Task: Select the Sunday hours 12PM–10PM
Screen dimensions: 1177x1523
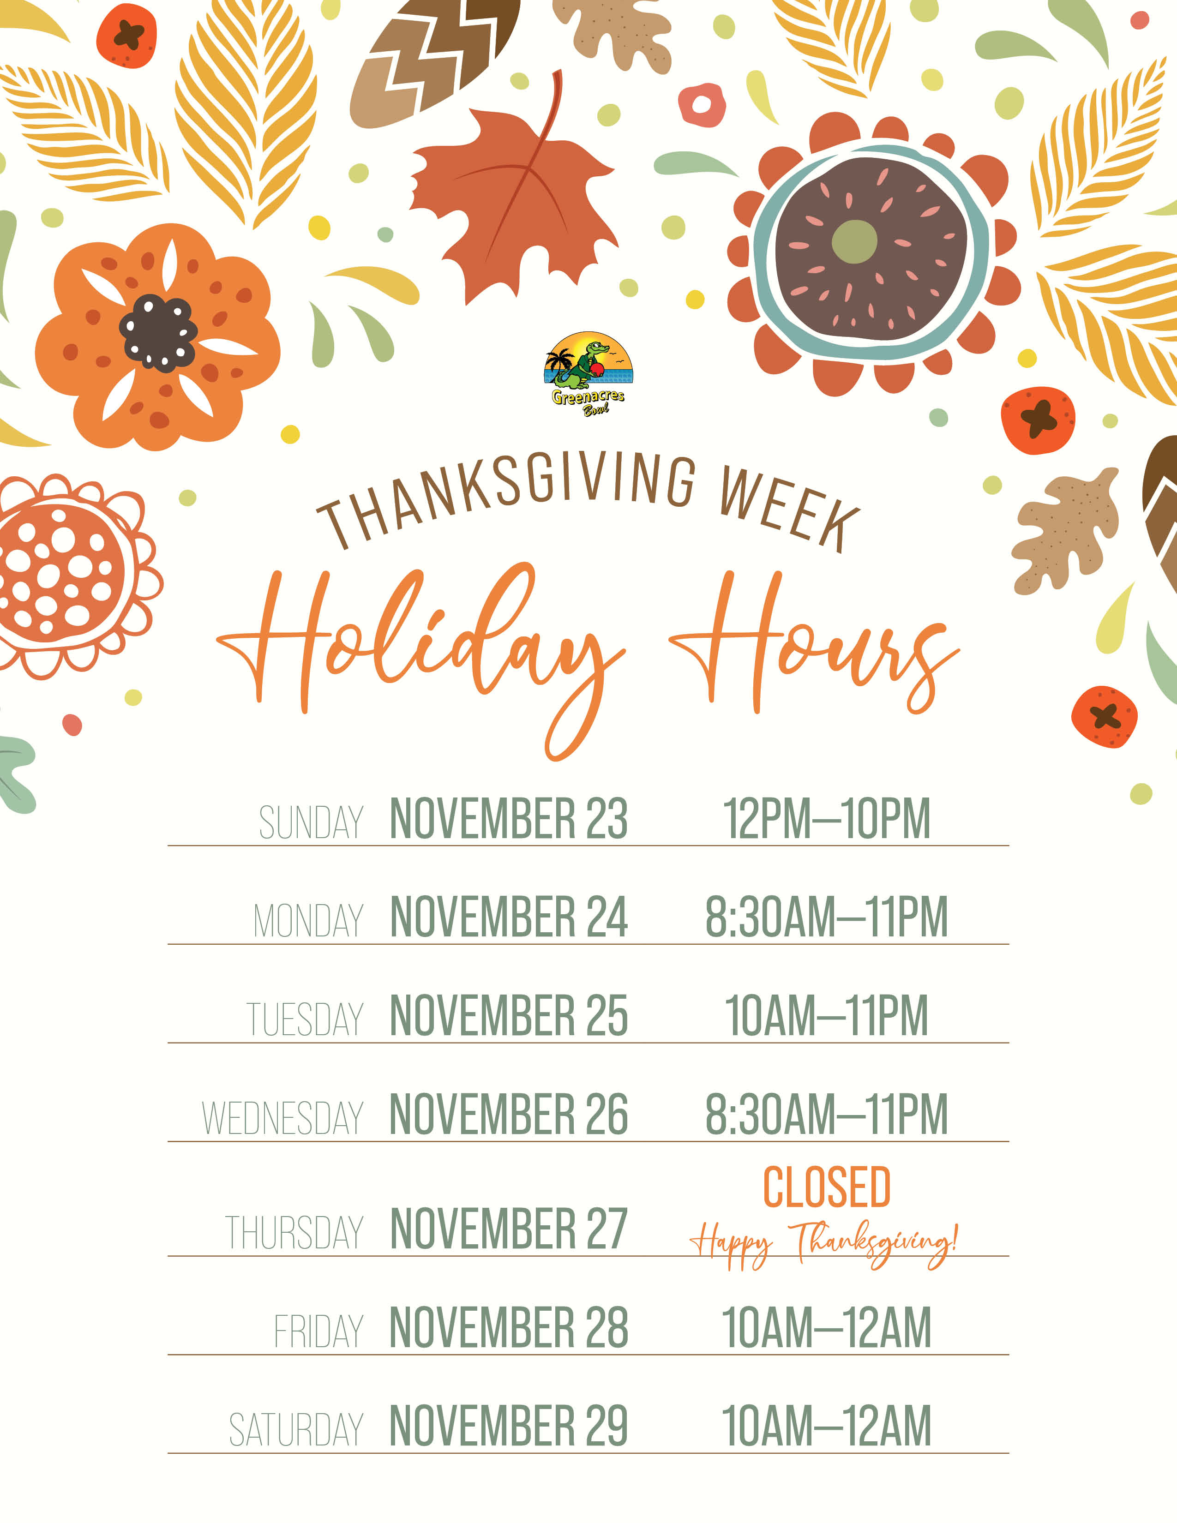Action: [827, 819]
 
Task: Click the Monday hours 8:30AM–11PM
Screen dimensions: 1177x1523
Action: [827, 917]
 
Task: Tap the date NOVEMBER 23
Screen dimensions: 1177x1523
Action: [509, 819]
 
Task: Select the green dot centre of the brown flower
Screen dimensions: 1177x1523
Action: [854, 241]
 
